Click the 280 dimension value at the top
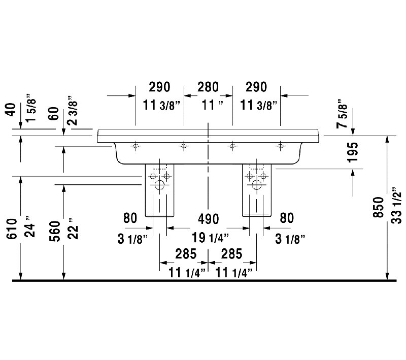point(208,87)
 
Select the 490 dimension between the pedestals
point(209,219)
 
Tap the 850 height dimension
point(378,207)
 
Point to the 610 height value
point(12,228)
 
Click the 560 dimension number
point(55,231)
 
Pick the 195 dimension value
point(353,152)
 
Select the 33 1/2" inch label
point(396,205)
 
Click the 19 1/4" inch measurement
point(210,238)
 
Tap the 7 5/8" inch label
point(342,113)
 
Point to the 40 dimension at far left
point(11,110)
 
